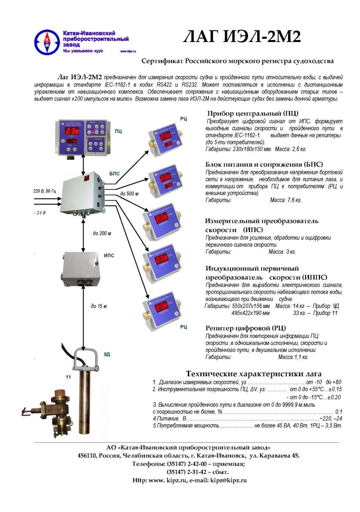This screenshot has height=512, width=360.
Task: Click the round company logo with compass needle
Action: pos(47,42)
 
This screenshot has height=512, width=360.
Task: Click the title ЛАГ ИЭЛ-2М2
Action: pos(242,37)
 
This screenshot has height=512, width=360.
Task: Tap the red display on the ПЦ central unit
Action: pos(72,131)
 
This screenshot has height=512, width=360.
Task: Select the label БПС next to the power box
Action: pos(114,173)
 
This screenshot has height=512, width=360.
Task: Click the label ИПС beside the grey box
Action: pos(109,255)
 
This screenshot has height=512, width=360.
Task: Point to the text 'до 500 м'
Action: pos(129,194)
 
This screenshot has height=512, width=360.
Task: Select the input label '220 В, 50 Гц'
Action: pos(45,192)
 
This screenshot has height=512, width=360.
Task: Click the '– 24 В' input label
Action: pos(40,213)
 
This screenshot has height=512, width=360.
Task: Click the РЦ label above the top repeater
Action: pos(184,119)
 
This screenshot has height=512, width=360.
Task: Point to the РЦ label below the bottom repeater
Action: pos(184,327)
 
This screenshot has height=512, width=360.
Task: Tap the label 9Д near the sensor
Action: pos(107,354)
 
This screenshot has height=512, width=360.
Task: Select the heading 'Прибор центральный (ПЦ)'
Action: pos(252,113)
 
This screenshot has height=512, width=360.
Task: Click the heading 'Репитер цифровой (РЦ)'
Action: pos(246,328)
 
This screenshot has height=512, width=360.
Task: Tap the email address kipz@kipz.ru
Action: pos(228,480)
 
